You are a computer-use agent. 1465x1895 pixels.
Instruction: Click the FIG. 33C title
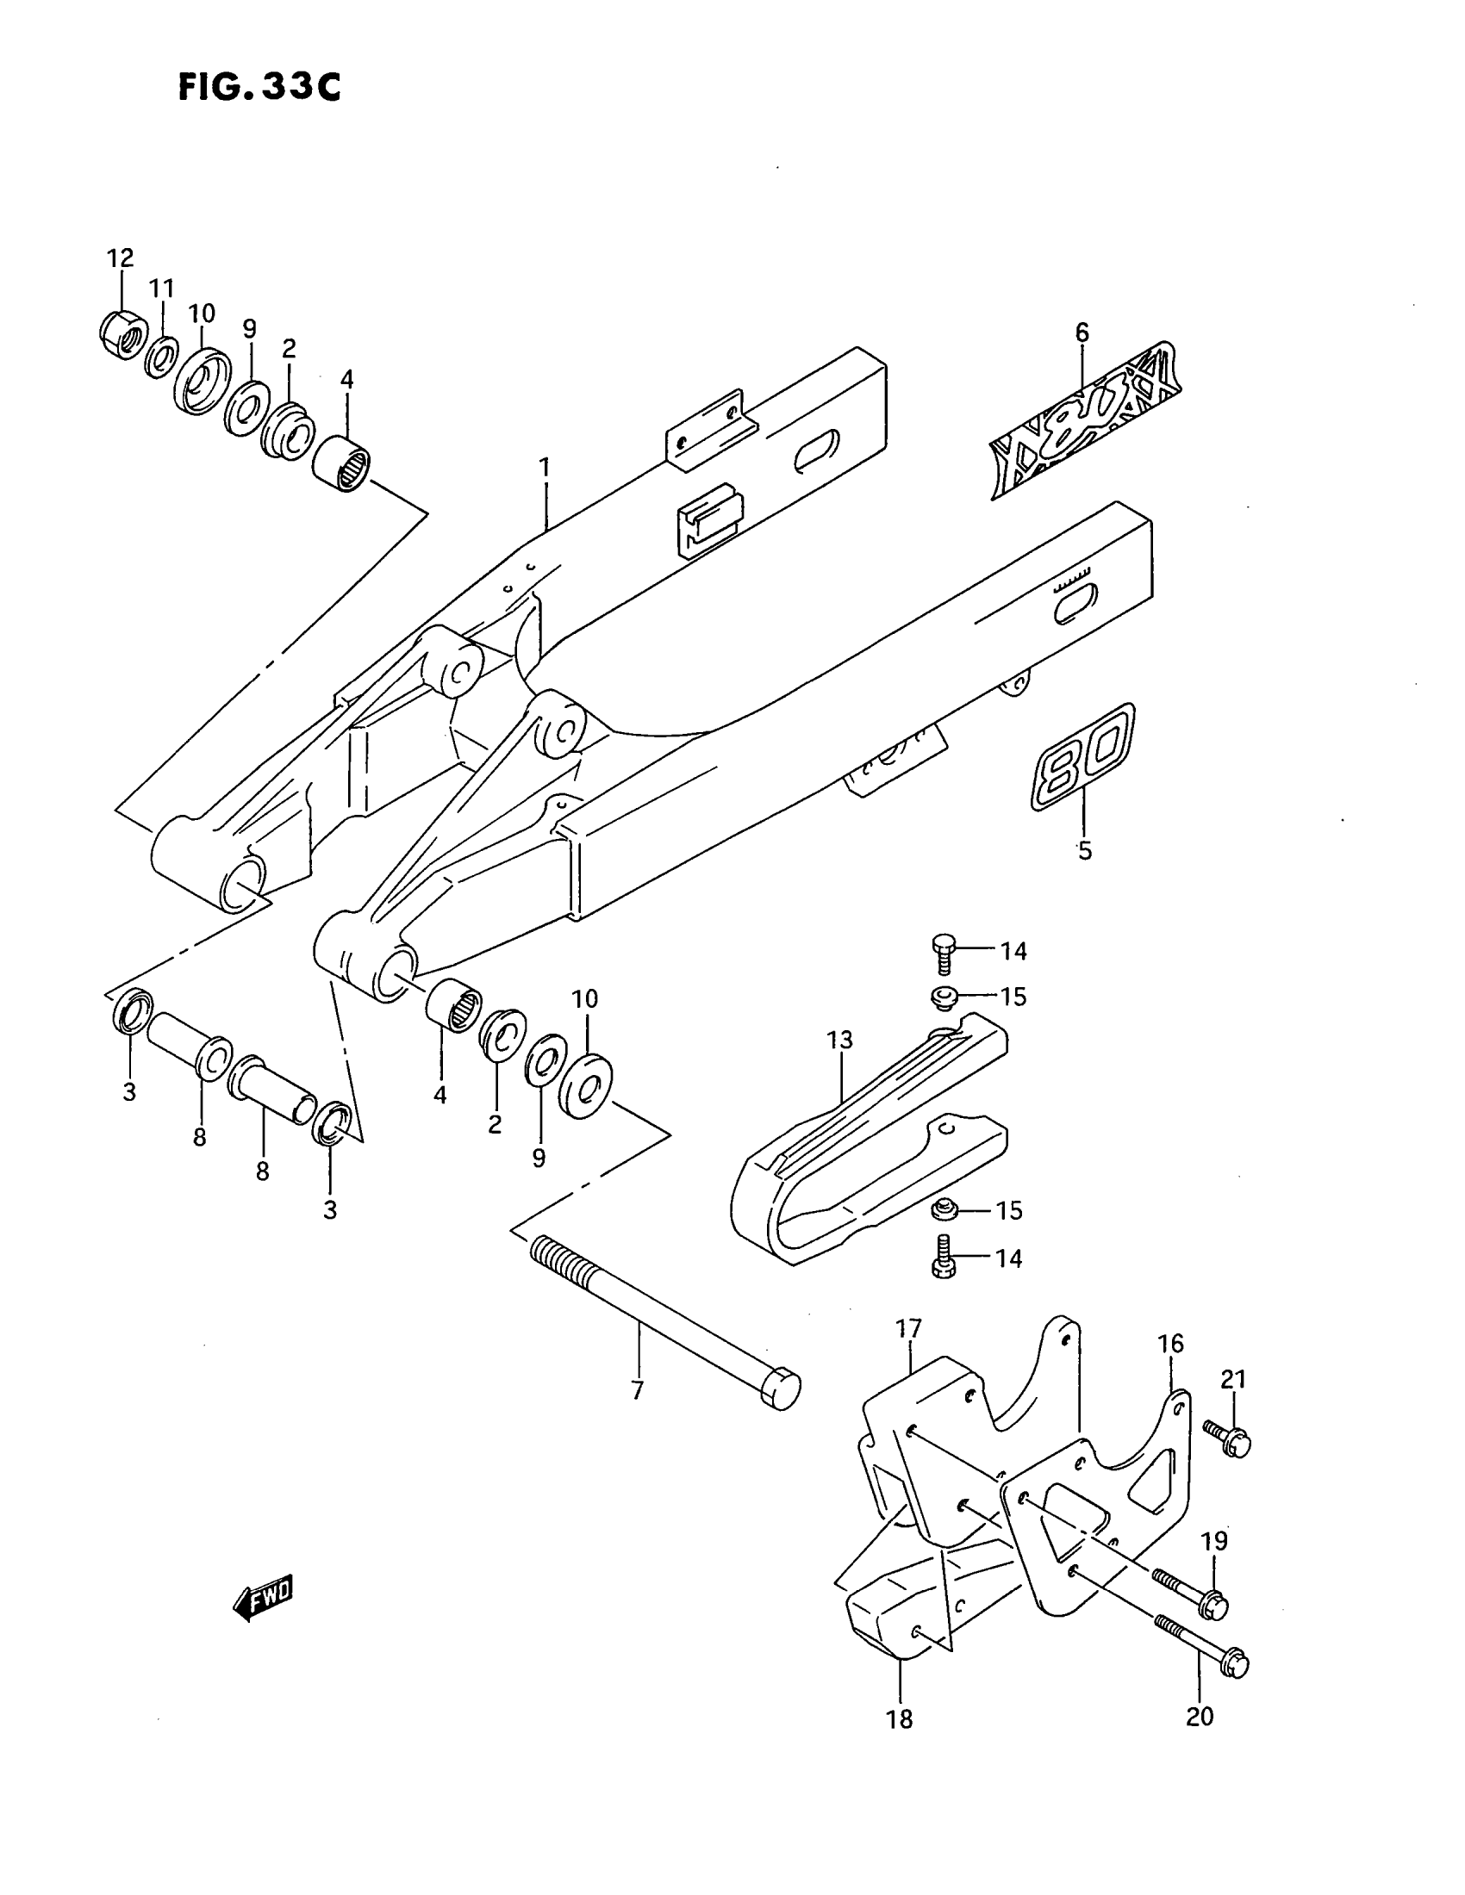point(259,88)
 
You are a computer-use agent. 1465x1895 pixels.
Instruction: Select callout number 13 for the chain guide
point(840,1040)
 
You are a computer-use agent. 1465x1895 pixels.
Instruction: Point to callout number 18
point(900,1718)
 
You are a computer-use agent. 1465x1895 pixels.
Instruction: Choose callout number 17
point(908,1328)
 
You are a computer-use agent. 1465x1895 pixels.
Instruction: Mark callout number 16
point(1170,1343)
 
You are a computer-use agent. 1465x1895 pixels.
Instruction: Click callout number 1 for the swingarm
point(544,469)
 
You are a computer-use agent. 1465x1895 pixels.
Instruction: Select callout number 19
point(1214,1541)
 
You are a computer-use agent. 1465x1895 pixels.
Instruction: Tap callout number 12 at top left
point(121,258)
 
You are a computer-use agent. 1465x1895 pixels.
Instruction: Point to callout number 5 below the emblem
point(1085,850)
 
